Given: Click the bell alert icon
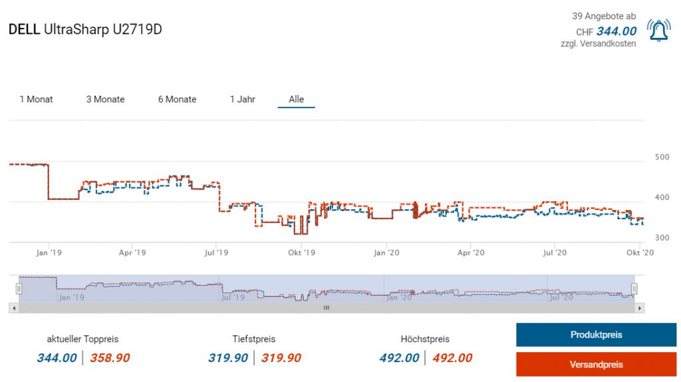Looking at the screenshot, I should tap(658, 31).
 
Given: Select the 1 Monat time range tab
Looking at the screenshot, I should tap(36, 100).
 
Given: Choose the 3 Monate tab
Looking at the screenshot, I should tap(105, 100).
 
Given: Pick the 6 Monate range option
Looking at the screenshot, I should tap(177, 100).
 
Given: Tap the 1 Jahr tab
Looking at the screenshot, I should tap(243, 100).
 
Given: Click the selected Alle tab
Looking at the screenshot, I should tap(297, 100).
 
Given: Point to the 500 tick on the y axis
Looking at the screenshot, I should tap(662, 157).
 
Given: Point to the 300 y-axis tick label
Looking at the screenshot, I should tap(662, 238).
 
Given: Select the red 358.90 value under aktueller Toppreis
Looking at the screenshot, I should tap(110, 358).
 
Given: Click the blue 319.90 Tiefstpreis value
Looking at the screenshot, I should tap(228, 358).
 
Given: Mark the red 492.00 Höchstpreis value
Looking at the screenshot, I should tap(452, 358).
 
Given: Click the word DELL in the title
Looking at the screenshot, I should tap(23, 29).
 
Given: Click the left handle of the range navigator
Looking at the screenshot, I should tap(19, 288).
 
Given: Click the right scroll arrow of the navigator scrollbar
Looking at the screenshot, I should tap(640, 308).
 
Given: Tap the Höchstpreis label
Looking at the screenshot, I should tap(425, 339).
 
